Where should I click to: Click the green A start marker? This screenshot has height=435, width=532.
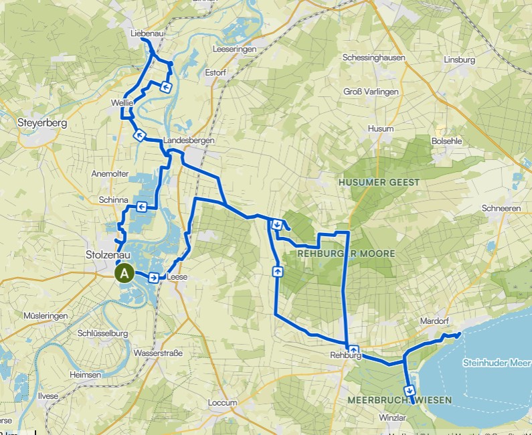pyautogui.click(x=124, y=273)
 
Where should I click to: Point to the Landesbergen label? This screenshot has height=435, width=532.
pyautogui.click(x=183, y=141)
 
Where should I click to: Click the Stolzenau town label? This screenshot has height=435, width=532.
pyautogui.click(x=104, y=254)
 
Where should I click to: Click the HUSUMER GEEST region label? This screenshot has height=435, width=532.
pyautogui.click(x=379, y=182)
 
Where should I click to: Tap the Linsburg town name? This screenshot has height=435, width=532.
pyautogui.click(x=459, y=60)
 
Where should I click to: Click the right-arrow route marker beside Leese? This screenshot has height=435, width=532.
pyautogui.click(x=154, y=278)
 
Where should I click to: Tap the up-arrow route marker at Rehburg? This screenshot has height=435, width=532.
pyautogui.click(x=353, y=349)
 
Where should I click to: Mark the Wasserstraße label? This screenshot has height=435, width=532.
pyautogui.click(x=158, y=352)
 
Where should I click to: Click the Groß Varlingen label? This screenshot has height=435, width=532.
pyautogui.click(x=371, y=91)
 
